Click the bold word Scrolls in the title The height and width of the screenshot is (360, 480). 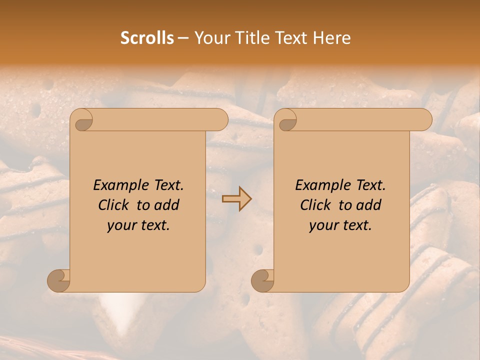[x=147, y=38]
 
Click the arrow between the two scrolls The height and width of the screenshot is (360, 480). [x=236, y=199]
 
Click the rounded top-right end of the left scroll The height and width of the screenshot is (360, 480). [x=220, y=120]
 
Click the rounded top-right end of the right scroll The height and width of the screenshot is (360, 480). [x=424, y=120]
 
